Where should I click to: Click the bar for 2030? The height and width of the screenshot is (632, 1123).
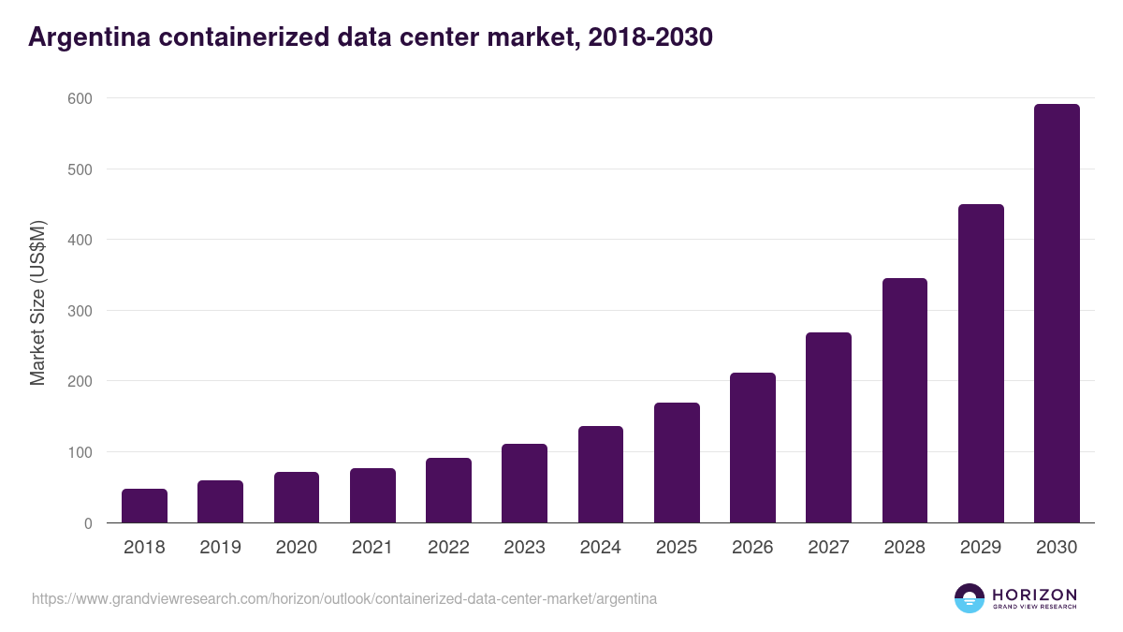[1057, 314]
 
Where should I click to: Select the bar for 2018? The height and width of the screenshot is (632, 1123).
[144, 506]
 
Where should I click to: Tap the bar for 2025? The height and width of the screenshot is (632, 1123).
[677, 463]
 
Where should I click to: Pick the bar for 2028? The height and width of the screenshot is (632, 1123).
[905, 401]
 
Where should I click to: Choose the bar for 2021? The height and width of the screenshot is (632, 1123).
[372, 495]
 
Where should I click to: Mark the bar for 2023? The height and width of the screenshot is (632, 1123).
[524, 483]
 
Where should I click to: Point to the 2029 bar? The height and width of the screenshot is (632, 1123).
[981, 363]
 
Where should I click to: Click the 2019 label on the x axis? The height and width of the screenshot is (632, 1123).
[220, 548]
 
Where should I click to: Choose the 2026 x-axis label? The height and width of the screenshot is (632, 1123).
[752, 548]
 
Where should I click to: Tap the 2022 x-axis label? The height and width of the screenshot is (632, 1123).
[448, 548]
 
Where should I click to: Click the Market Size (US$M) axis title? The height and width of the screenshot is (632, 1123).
[38, 301]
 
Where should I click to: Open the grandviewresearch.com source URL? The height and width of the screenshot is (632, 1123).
[344, 598]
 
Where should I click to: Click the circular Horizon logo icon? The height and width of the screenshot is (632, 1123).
[970, 598]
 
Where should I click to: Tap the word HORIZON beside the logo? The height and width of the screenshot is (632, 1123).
[1034, 594]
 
